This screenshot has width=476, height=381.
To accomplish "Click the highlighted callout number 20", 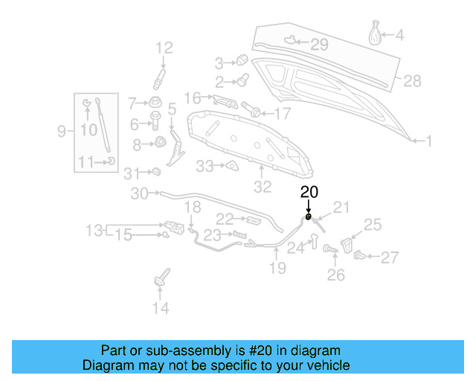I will coord(309,192).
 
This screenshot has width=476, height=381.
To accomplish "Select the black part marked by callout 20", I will coord(308,218).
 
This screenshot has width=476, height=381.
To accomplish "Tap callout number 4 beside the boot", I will coord(399,35).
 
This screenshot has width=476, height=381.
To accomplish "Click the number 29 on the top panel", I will coord(319,45).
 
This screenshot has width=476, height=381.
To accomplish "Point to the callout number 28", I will coord(412,80).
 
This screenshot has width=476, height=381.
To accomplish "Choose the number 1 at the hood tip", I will coord(428,140).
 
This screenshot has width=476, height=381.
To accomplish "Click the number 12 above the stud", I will coord(164,48).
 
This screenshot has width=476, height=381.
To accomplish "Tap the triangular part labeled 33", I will coord(231,165).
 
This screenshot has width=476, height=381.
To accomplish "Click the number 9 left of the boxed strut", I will coord(62,132).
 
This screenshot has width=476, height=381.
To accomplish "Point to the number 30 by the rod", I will coord(140,193).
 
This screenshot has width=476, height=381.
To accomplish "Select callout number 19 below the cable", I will coord(277,268).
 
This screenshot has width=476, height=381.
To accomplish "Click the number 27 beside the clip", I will coord(390,258).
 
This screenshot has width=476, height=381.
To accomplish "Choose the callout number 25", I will coord(372,223).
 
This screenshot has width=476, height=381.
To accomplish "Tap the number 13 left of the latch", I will coord(94,231).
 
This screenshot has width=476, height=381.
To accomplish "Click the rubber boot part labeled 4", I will coord(376,34).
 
